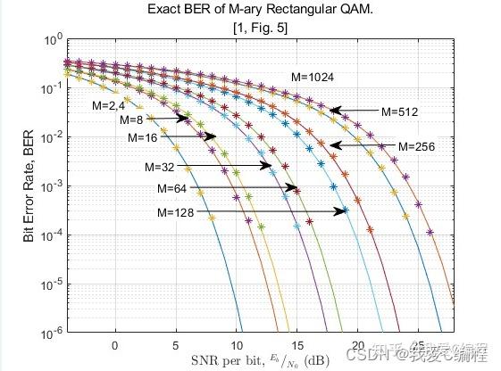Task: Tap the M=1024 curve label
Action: pyautogui.click(x=311, y=78)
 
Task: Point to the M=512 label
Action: pyautogui.click(x=399, y=112)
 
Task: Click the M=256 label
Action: pyautogui.click(x=415, y=146)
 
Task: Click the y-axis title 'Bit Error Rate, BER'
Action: pyautogui.click(x=29, y=186)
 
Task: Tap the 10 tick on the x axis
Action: pyautogui.click(x=237, y=344)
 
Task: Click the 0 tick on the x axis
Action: pyautogui.click(x=114, y=344)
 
